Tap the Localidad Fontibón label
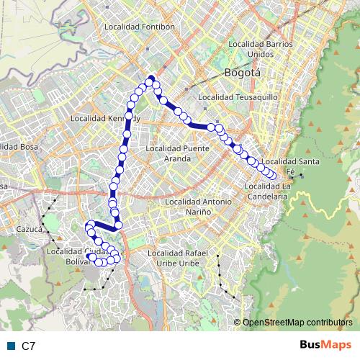coord(140,27)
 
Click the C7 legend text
coord(29,346)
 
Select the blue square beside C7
coord(11,346)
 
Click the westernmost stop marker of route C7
coord(90,229)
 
